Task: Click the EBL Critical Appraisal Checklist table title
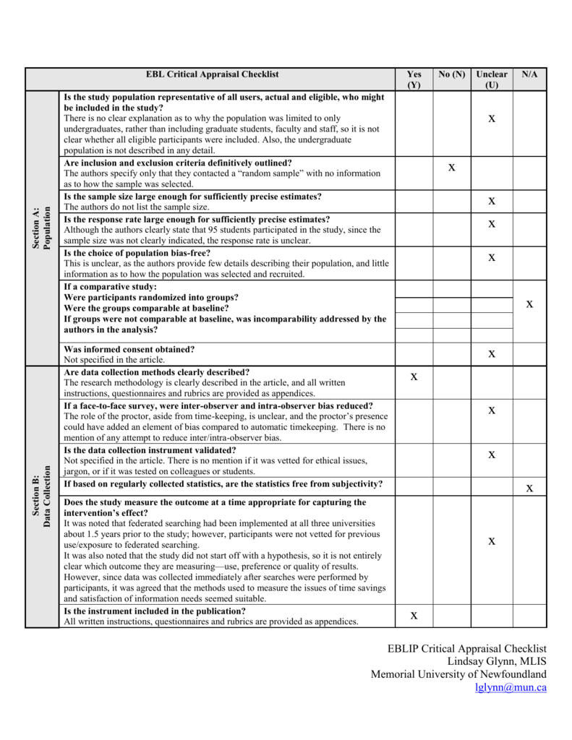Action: click(212, 74)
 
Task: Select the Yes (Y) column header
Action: click(414, 79)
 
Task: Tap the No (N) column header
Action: click(452, 74)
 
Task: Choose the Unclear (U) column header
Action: click(492, 79)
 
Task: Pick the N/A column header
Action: click(529, 74)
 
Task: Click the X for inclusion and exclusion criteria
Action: click(452, 168)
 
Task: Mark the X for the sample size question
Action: click(492, 201)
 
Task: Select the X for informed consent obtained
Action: click(492, 353)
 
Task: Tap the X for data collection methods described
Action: click(414, 377)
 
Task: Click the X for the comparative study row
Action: click(529, 304)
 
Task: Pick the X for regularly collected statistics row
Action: click(529, 489)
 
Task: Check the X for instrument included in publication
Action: click(414, 616)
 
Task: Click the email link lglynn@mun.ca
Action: click(511, 687)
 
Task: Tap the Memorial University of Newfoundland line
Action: click(458, 674)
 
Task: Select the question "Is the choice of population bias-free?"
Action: click(137, 253)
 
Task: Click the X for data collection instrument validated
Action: click(492, 455)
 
